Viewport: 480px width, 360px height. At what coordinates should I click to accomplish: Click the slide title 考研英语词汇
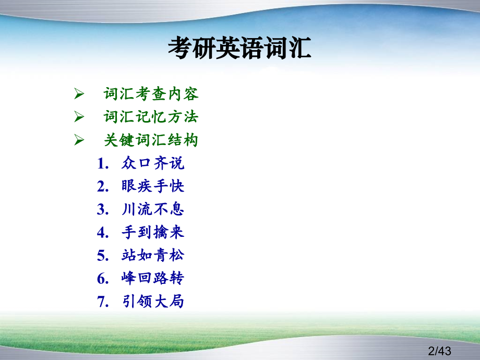click(x=239, y=48)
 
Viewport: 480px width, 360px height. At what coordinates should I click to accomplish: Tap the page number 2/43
click(x=439, y=351)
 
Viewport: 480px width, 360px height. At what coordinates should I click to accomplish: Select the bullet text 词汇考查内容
click(x=151, y=94)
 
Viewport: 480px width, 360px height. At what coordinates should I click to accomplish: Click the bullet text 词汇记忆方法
click(x=151, y=117)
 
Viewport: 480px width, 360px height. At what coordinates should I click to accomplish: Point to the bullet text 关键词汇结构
click(x=151, y=140)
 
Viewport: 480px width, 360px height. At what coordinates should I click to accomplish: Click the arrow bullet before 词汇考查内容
click(x=79, y=94)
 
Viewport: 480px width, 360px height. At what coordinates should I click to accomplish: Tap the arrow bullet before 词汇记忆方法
click(x=79, y=117)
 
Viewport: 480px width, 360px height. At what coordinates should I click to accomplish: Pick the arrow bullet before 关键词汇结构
click(x=79, y=140)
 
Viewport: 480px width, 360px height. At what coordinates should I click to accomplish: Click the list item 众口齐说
click(x=153, y=163)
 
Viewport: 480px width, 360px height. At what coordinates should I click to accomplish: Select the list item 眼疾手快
click(x=153, y=186)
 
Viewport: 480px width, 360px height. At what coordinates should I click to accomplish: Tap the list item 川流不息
click(x=153, y=209)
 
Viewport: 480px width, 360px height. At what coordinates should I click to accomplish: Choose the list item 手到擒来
click(x=153, y=232)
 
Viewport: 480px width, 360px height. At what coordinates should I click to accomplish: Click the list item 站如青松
click(x=153, y=255)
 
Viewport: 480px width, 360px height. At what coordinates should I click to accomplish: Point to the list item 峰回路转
click(x=153, y=278)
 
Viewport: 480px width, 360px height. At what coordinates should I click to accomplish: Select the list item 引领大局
click(x=153, y=301)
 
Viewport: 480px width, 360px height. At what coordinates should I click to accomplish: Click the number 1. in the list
click(x=103, y=163)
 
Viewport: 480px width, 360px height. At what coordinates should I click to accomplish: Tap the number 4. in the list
click(x=103, y=233)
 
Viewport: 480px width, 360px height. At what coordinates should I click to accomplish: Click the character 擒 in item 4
click(x=161, y=232)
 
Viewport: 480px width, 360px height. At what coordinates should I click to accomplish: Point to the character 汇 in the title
click(x=299, y=48)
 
